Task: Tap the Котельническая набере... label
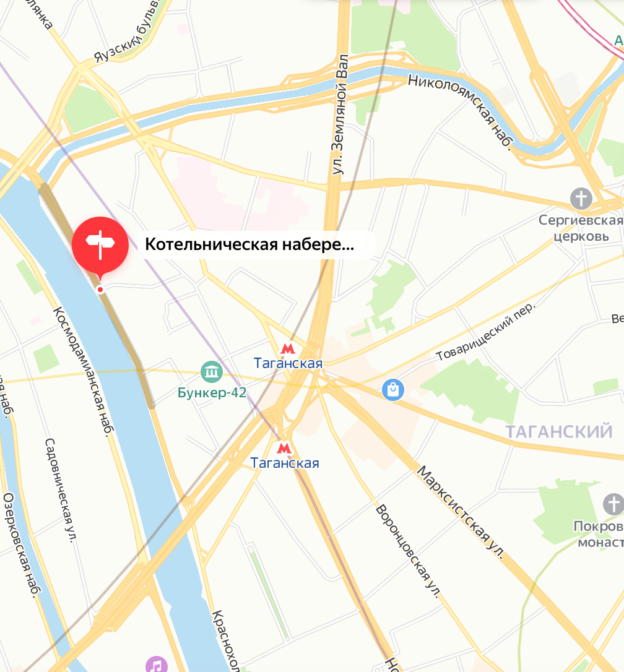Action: coord(249,245)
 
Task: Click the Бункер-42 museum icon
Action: coord(212,373)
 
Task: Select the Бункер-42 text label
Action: coord(212,393)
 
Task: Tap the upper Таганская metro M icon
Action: coord(287,349)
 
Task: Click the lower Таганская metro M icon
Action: coord(284,447)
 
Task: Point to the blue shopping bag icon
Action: coord(393,389)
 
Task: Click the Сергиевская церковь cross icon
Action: coord(581,199)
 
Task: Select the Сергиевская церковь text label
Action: coord(580,228)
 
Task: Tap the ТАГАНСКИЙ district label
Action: coord(559,431)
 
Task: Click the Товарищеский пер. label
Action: coord(485,338)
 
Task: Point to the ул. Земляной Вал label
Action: coord(340,114)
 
